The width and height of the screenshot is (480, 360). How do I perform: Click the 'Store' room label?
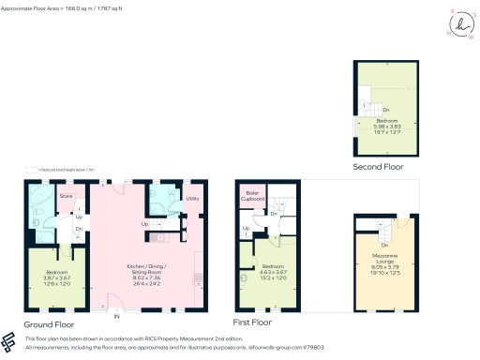[66, 196]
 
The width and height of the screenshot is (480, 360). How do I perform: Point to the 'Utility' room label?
[193, 199]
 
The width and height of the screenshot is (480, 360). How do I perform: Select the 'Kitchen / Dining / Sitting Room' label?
[149, 271]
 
